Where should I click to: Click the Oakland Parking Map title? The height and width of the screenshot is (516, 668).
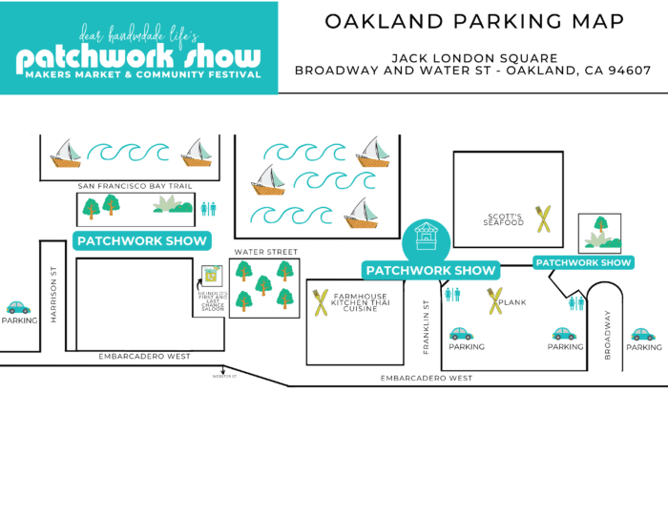point(473,21)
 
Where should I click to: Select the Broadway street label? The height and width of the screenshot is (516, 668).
point(607,335)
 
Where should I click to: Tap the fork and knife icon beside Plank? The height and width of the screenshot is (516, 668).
point(494,301)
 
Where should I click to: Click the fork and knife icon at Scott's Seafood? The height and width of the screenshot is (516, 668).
point(543,220)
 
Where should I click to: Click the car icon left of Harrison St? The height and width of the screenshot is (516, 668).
point(18,307)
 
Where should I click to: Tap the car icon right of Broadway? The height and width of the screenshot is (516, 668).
point(643,334)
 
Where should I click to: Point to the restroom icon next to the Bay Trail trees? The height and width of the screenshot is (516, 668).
point(208,207)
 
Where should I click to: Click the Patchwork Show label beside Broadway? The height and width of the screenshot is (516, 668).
point(583,262)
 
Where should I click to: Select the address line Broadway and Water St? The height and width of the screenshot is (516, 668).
point(473,70)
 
